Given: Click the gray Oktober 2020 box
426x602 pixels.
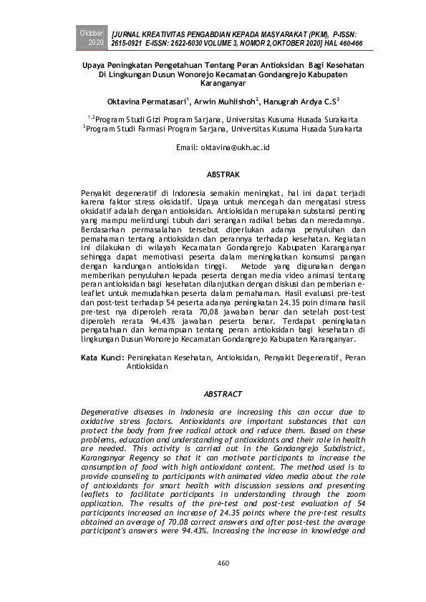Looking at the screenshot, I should click(x=91, y=39).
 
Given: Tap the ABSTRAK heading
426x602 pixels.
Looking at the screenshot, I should click(x=223, y=174).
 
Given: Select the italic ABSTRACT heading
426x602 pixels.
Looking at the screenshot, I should click(x=223, y=394).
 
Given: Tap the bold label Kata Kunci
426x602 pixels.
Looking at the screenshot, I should click(x=103, y=356).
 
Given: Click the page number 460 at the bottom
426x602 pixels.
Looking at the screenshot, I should click(x=223, y=563).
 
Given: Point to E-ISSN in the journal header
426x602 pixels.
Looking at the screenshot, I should click(x=158, y=44).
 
